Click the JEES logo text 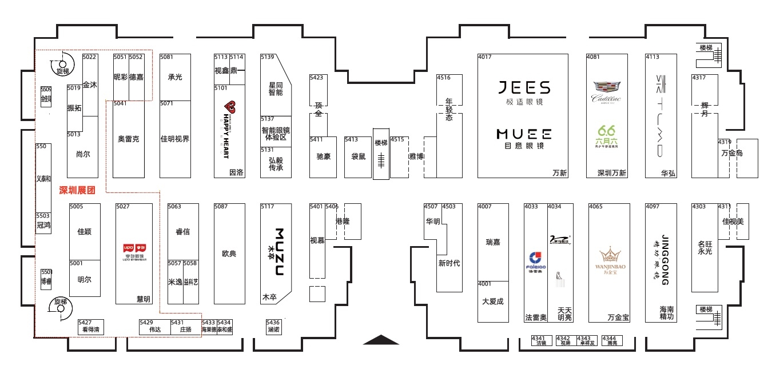(523, 87)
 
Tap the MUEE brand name (523, 134)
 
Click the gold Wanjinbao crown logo (610, 255)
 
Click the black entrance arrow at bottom (381, 340)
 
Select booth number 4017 (485, 57)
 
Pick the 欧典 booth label (229, 254)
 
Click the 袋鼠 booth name (359, 156)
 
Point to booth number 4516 (444, 78)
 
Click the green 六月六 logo (607, 136)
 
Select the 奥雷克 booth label (129, 139)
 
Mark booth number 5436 (273, 323)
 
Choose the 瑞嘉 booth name (493, 242)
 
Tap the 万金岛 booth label (732, 153)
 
